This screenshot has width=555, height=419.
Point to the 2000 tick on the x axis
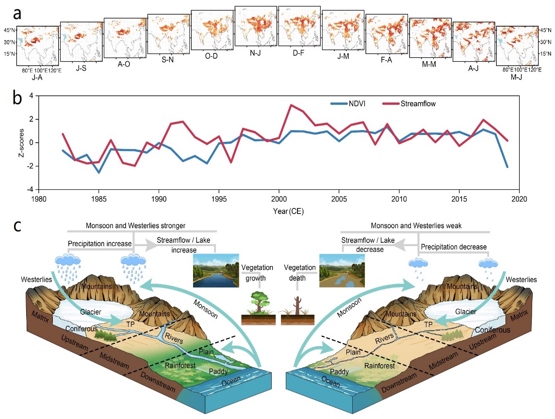[x=278, y=200]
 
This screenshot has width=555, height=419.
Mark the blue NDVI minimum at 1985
[x=98, y=172]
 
